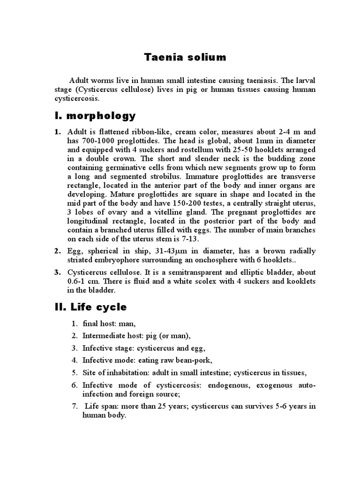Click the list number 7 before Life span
click(74, 406)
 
